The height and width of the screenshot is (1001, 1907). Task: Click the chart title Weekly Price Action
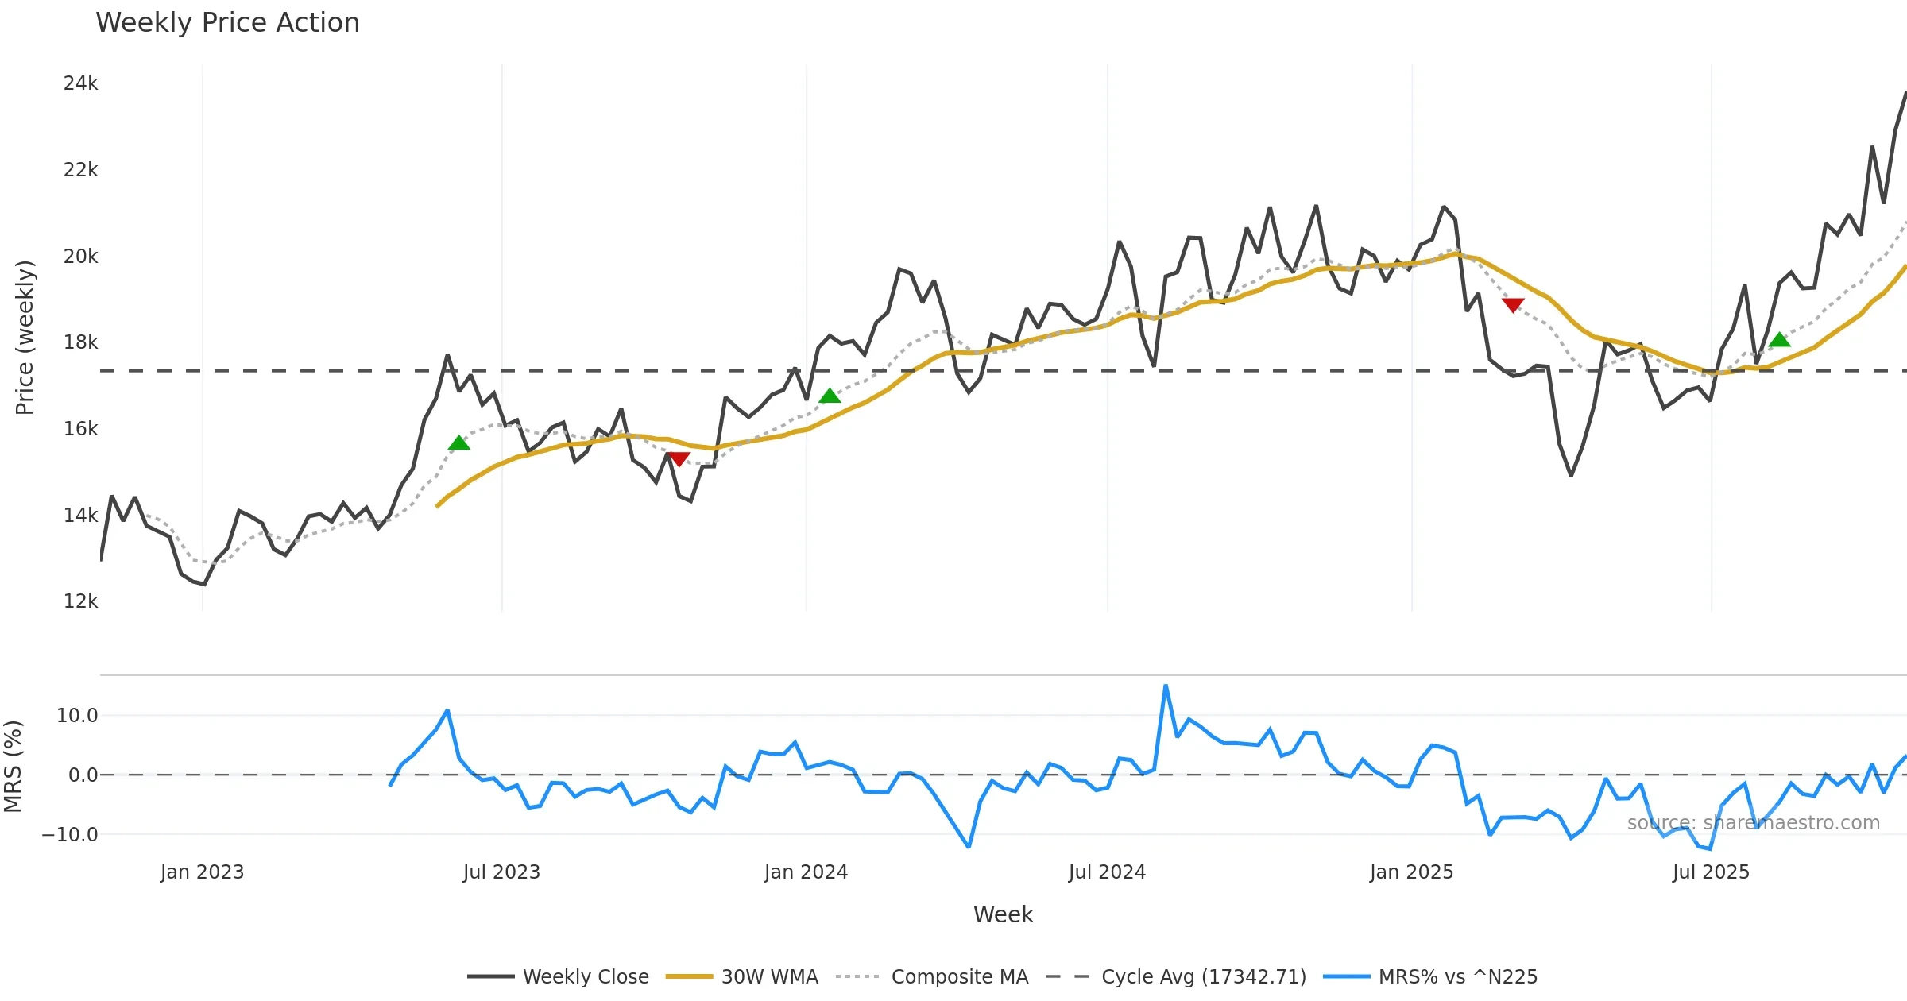pos(227,23)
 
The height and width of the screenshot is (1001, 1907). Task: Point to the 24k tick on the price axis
pos(81,83)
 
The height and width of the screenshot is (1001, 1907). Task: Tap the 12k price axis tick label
pos(81,601)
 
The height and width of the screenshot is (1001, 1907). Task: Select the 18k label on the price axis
pos(81,342)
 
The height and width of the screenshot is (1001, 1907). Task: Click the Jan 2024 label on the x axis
pos(806,872)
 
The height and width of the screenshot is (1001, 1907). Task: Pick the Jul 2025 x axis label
pos(1711,872)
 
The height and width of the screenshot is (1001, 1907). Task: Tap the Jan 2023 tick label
pos(202,872)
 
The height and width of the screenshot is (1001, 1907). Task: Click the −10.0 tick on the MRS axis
pos(70,835)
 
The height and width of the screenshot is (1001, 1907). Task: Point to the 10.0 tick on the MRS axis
pos(77,716)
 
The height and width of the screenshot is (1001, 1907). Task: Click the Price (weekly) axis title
pos(25,338)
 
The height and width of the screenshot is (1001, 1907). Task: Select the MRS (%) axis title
pos(13,767)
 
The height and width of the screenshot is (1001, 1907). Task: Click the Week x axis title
pos(1003,915)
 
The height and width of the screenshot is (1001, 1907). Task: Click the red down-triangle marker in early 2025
pos(1513,304)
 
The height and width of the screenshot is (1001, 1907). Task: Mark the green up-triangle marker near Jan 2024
pos(830,396)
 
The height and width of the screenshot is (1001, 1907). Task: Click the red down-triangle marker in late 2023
pos(679,459)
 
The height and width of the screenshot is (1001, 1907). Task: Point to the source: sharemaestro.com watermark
pos(1753,823)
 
